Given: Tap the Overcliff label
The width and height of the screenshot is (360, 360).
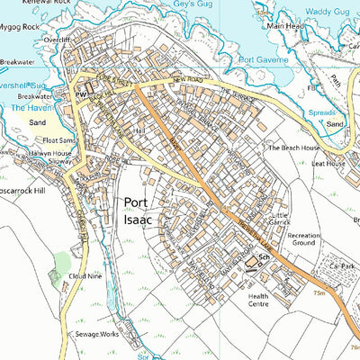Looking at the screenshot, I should pos(58,40).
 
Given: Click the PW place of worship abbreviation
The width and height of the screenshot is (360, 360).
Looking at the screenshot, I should pos(78,93).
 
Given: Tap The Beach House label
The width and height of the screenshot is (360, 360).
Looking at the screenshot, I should pos(290,146).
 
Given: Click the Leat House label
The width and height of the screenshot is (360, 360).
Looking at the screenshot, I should pos(328,164).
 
